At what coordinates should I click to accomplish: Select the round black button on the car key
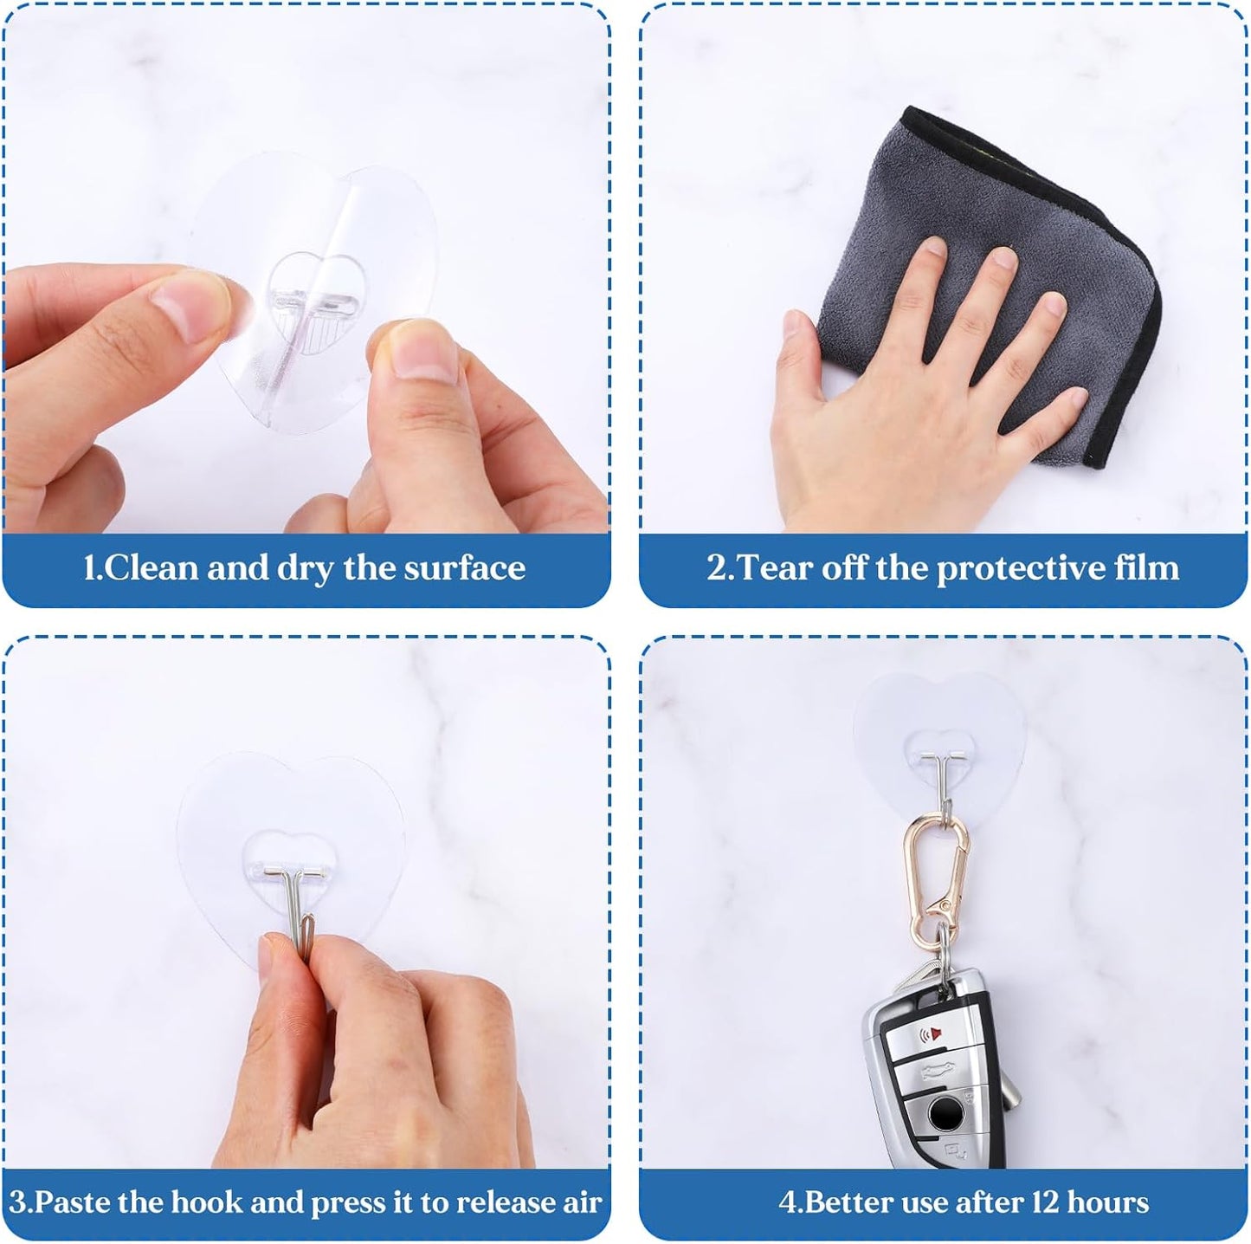click(x=944, y=1116)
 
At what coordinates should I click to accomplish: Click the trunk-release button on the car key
click(x=937, y=1072)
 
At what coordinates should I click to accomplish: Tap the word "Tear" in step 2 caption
click(x=777, y=567)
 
